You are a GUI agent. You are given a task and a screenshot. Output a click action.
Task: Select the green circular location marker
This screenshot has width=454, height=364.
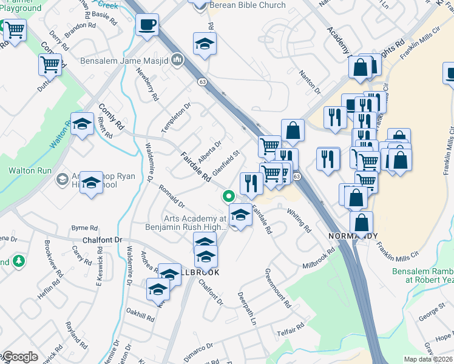(x=228, y=196)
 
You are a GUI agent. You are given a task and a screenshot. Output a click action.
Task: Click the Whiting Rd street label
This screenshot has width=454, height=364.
(x=299, y=220)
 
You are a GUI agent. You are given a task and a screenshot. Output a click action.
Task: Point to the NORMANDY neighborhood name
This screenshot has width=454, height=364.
(x=353, y=235)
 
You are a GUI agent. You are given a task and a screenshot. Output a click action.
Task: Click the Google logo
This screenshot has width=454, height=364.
(x=19, y=357)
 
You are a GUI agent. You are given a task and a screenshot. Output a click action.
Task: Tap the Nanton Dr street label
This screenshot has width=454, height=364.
(x=310, y=82)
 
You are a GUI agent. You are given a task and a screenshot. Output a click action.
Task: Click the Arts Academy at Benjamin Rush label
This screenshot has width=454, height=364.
(x=194, y=223)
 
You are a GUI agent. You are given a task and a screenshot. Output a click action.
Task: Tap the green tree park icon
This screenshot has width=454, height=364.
(x=19, y=261)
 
